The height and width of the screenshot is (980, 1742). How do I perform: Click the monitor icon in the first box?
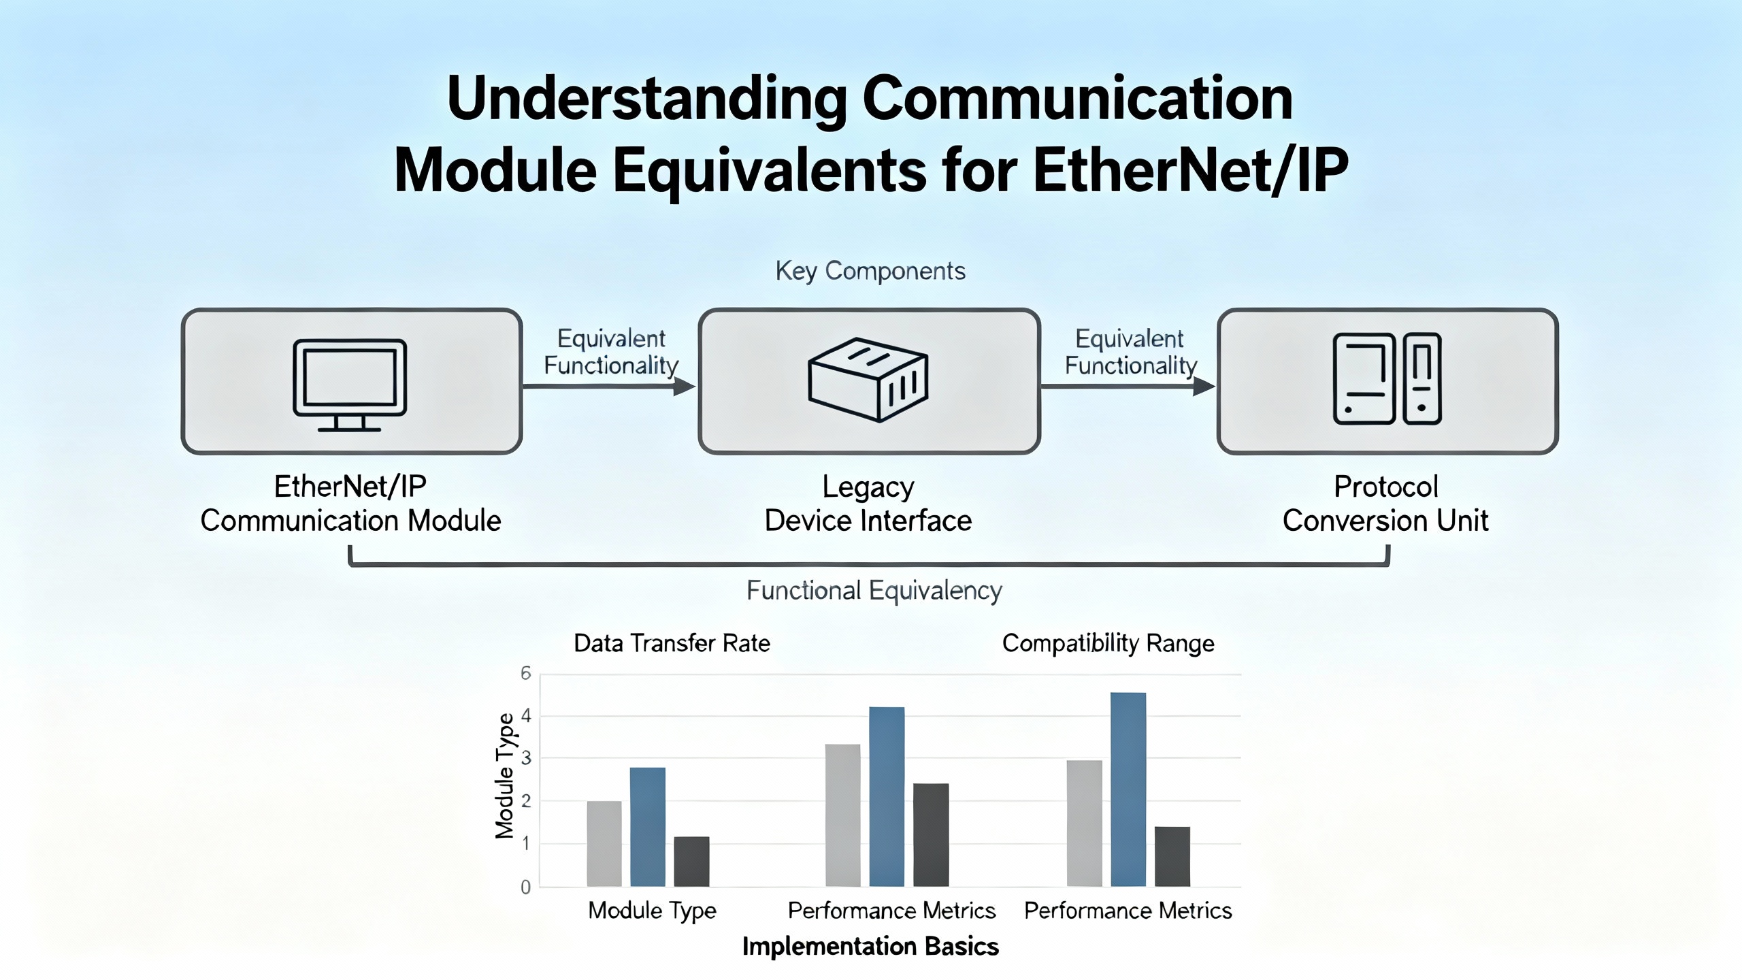point(350,385)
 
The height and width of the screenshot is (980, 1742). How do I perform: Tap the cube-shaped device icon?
point(868,380)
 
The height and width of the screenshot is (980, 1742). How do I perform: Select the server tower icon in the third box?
point(1387,379)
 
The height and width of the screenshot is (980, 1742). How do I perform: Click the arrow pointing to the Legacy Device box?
point(684,387)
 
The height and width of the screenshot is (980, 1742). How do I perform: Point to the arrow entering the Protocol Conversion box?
point(1203,387)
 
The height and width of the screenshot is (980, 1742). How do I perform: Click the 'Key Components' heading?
point(870,271)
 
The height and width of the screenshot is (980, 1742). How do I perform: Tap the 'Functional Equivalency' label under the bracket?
point(874,591)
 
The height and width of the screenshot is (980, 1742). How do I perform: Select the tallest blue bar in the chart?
point(1128,789)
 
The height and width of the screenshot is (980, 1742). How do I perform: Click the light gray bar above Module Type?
point(604,843)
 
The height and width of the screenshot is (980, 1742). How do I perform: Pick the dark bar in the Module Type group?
point(691,861)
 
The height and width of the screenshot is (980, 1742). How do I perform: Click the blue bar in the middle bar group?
point(887,796)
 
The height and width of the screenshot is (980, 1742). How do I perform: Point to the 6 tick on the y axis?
point(525,674)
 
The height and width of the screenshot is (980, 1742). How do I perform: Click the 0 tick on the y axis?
point(525,887)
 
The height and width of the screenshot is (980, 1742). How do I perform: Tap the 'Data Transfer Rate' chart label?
point(672,643)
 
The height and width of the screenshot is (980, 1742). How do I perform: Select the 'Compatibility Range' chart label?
point(1108,643)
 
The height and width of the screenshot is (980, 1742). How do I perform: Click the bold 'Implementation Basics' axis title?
point(870,947)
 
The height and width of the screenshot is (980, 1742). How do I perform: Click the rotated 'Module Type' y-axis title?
point(504,776)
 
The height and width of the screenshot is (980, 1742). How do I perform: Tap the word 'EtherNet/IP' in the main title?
point(1190,170)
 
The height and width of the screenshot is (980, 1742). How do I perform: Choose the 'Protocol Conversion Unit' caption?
point(1385,504)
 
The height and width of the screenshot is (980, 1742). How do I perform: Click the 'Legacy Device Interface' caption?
point(868,504)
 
